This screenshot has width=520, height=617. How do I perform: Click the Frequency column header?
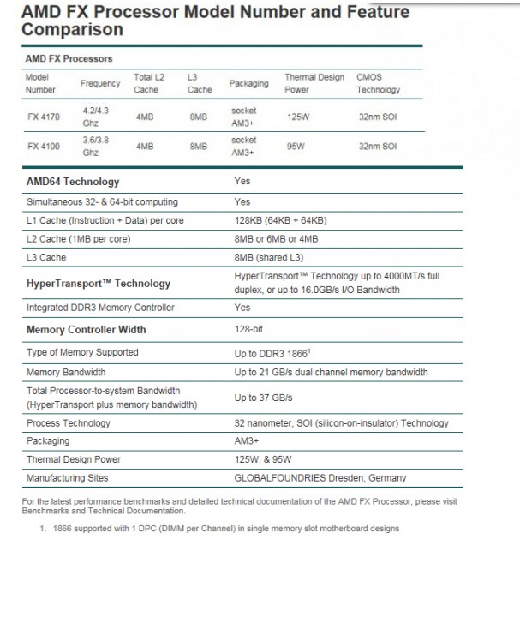pos(100,83)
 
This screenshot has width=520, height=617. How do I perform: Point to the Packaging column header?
pos(248,83)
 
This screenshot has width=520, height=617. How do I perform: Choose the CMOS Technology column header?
pos(378,83)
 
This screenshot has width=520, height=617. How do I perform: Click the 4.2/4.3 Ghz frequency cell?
pos(96,116)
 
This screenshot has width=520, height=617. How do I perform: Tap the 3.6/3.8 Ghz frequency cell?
pos(96,146)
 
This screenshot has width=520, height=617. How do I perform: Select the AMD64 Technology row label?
pos(73,182)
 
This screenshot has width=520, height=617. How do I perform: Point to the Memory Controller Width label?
pos(86,329)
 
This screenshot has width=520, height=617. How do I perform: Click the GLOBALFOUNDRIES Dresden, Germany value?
pos(320,477)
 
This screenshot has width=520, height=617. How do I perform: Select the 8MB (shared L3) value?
pos(269,257)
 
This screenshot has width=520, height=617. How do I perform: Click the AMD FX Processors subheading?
pos(68,58)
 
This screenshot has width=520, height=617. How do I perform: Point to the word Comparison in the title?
pos(73,29)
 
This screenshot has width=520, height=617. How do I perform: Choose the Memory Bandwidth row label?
pos(66,372)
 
